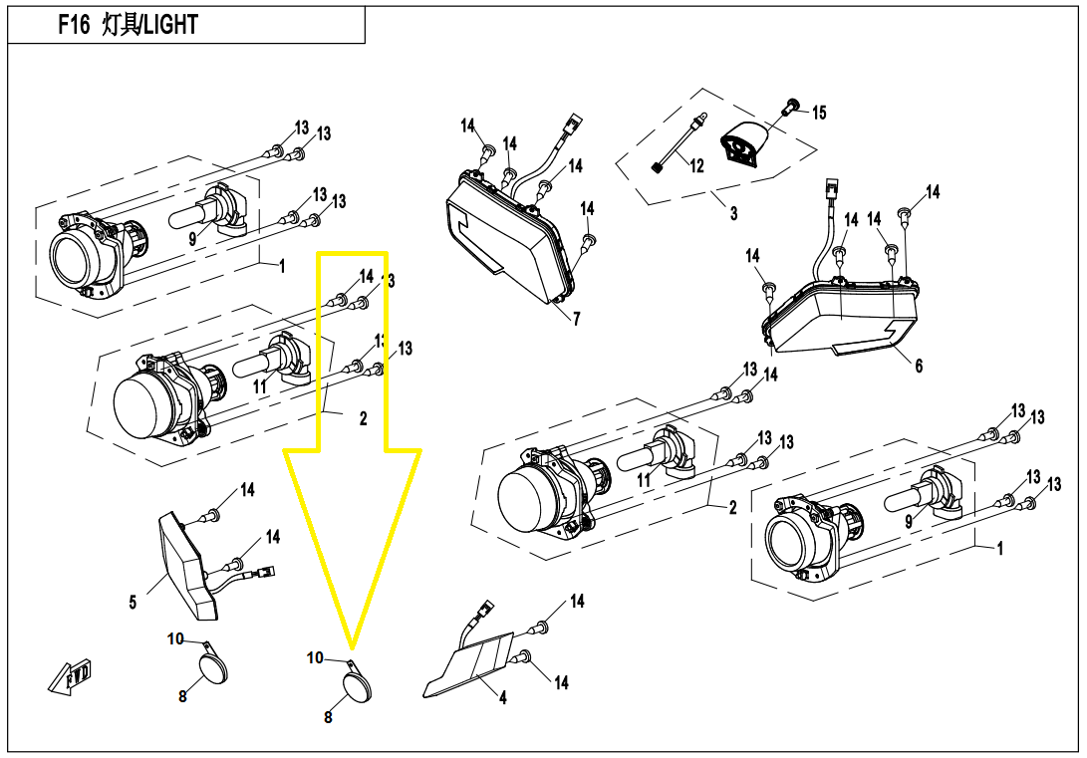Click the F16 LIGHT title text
tap(129, 26)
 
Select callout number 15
tap(819, 113)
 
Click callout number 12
tap(696, 165)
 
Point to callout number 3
tap(734, 213)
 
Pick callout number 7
tap(576, 319)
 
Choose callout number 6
tap(919, 366)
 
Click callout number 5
tap(133, 602)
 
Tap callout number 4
tap(502, 697)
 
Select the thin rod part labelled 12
tap(679, 142)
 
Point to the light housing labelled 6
tap(843, 316)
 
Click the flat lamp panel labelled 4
tap(470, 664)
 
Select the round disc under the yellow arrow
tap(358, 687)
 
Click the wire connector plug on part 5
tap(264, 573)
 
